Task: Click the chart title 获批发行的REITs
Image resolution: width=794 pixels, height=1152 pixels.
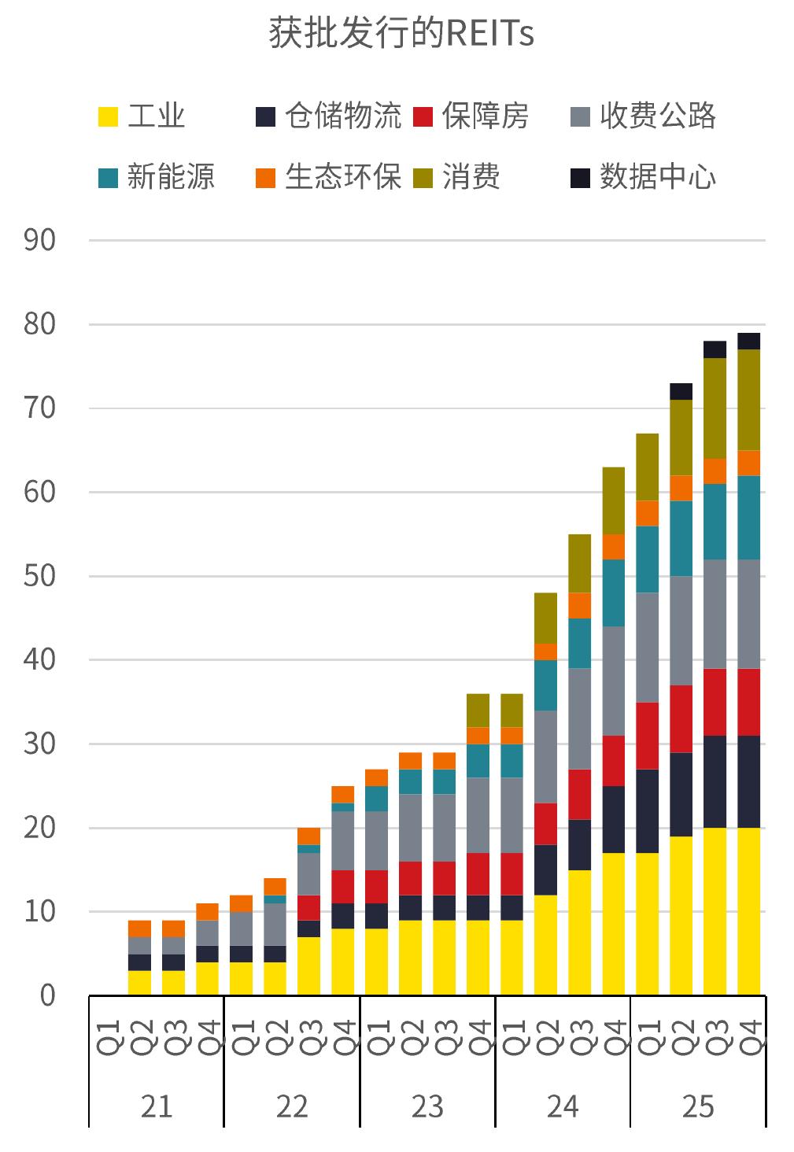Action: pyautogui.click(x=401, y=33)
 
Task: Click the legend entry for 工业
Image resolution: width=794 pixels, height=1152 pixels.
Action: pyautogui.click(x=141, y=116)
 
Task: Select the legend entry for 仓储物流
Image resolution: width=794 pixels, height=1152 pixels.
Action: pyautogui.click(x=328, y=116)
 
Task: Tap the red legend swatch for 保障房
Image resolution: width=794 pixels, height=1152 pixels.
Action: pyautogui.click(x=423, y=116)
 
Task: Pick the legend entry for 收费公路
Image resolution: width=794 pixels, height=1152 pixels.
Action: pyautogui.click(x=643, y=116)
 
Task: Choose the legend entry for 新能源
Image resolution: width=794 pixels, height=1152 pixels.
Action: pyautogui.click(x=157, y=177)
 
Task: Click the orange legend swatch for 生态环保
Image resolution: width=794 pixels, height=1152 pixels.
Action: pyautogui.click(x=265, y=178)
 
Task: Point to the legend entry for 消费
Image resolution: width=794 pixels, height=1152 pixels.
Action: pyautogui.click(x=456, y=177)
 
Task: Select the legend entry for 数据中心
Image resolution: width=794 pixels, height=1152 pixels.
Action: pyautogui.click(x=643, y=177)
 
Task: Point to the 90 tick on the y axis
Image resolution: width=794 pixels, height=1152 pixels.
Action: pyautogui.click(x=39, y=240)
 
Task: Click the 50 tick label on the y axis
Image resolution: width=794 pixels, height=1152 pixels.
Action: pyautogui.click(x=39, y=576)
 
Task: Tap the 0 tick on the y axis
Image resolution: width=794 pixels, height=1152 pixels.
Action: pyautogui.click(x=47, y=995)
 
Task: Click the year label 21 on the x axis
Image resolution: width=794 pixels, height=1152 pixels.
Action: pyautogui.click(x=157, y=1106)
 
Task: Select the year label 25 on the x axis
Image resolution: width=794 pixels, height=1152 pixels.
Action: pyautogui.click(x=698, y=1106)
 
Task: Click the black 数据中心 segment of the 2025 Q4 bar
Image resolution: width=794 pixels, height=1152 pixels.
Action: pyautogui.click(x=748, y=341)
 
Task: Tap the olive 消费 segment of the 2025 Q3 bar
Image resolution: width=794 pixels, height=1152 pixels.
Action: pyautogui.click(x=715, y=408)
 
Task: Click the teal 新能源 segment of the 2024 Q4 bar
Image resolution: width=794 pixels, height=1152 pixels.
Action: pyautogui.click(x=614, y=593)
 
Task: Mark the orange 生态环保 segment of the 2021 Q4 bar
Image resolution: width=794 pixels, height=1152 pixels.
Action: pyautogui.click(x=207, y=912)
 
